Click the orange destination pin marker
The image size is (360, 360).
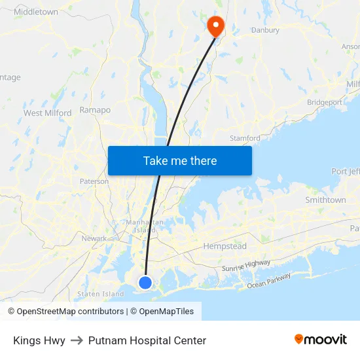click(215, 25)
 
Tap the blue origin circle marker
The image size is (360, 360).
click(145, 282)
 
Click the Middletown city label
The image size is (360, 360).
click(36, 12)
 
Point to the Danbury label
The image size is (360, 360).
click(265, 30)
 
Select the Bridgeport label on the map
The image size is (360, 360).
click(325, 102)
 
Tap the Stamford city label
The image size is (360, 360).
click(245, 138)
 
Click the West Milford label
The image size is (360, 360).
click(48, 113)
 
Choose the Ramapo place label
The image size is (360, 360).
click(95, 110)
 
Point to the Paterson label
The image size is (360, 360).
click(94, 181)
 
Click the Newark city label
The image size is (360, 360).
click(94, 238)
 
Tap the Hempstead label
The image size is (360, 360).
click(225, 246)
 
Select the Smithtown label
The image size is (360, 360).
click(325, 200)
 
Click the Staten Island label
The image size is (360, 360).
click(100, 294)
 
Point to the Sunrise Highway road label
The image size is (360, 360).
click(245, 265)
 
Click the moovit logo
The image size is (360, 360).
click(321, 339)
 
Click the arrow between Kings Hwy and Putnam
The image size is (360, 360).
click(77, 340)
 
